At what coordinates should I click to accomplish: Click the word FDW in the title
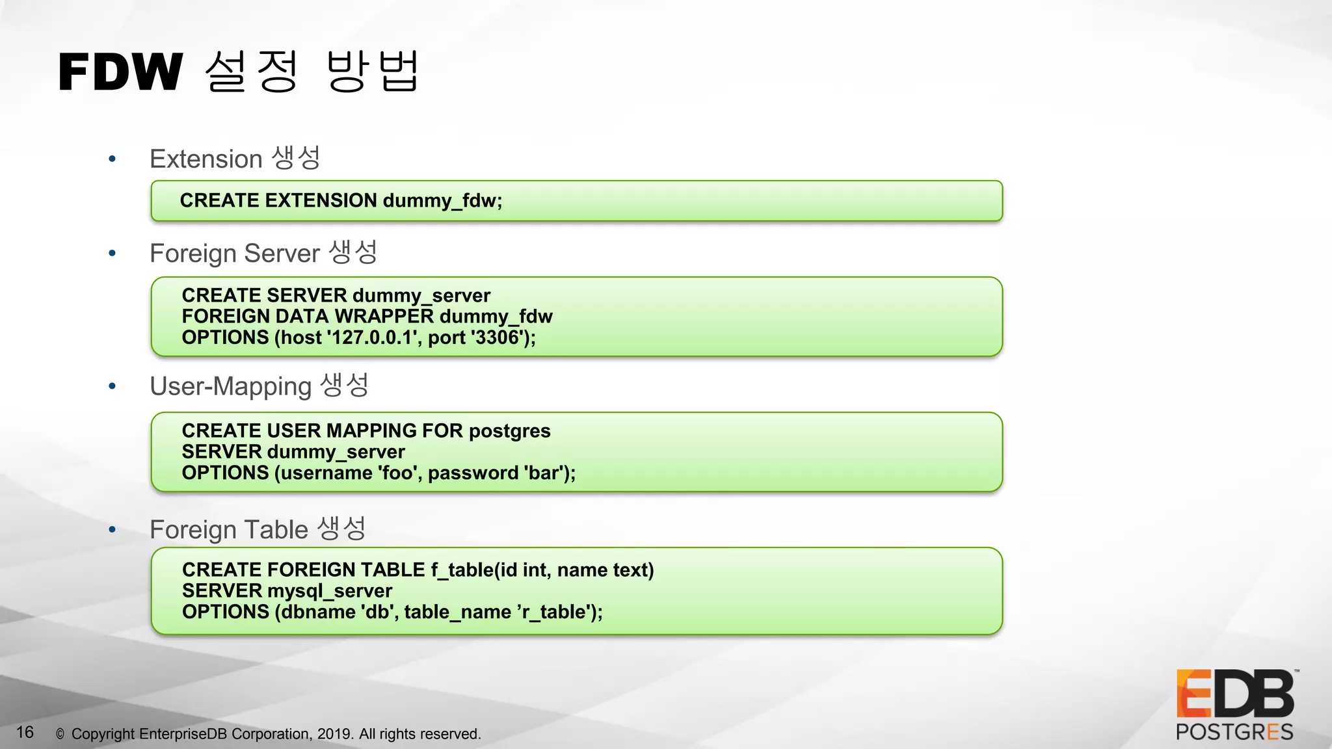[121, 72]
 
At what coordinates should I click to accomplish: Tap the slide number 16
[25, 733]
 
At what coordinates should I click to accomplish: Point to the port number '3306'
[498, 337]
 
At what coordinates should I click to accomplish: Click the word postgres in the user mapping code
[509, 431]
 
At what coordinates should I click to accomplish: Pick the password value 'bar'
[544, 473]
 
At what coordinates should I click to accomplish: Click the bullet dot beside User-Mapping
[113, 386]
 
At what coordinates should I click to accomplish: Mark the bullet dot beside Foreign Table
[113, 530]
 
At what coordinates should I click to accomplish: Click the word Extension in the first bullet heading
[206, 159]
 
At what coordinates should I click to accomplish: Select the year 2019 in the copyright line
[334, 734]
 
